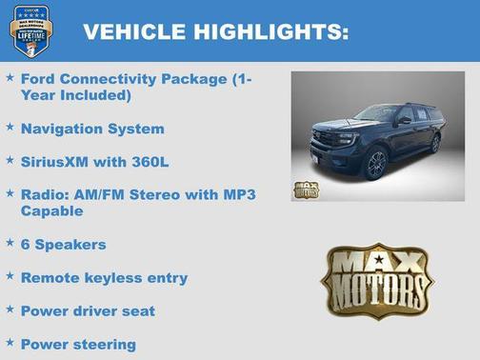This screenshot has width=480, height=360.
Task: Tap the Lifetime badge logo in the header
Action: pyautogui.click(x=30, y=30)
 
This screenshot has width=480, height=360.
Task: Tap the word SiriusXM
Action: pyautogui.click(x=60, y=162)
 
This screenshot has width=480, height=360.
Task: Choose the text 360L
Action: pyautogui.click(x=150, y=162)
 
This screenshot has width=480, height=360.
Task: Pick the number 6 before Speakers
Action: pyautogui.click(x=26, y=245)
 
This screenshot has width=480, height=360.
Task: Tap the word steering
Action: pyautogui.click(x=103, y=344)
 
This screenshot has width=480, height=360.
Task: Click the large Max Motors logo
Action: pyautogui.click(x=377, y=281)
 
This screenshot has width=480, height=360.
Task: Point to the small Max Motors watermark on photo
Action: pyautogui.click(x=307, y=189)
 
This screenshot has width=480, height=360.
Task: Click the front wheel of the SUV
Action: pyautogui.click(x=375, y=164)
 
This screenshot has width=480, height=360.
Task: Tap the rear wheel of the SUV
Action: pyautogui.click(x=434, y=144)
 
